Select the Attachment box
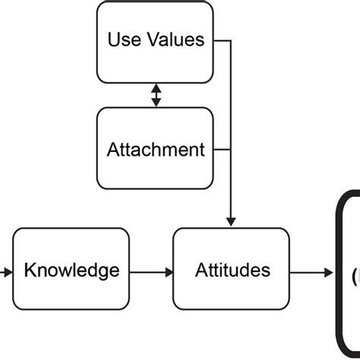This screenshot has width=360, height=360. tap(156, 148)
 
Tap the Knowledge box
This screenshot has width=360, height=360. tap(72, 270)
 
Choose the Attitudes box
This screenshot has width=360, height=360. tap(231, 270)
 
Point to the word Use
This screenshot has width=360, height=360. tap(123, 39)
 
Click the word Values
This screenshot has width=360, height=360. tap(176, 39)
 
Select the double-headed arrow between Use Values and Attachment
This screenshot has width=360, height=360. tap(156, 95)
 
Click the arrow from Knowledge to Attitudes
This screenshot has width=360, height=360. tap(152, 270)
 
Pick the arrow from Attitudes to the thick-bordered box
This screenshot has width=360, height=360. tap(311, 270)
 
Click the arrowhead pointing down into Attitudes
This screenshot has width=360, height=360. tap(231, 221)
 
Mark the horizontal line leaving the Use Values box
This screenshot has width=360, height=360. tap(222, 40)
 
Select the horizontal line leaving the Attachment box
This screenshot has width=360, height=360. tap(222, 148)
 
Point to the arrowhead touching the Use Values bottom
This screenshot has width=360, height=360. tap(156, 87)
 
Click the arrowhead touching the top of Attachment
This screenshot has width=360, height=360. tap(156, 103)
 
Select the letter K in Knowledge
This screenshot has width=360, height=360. tap(30, 270)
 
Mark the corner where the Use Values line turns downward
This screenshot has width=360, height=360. tap(231, 40)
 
